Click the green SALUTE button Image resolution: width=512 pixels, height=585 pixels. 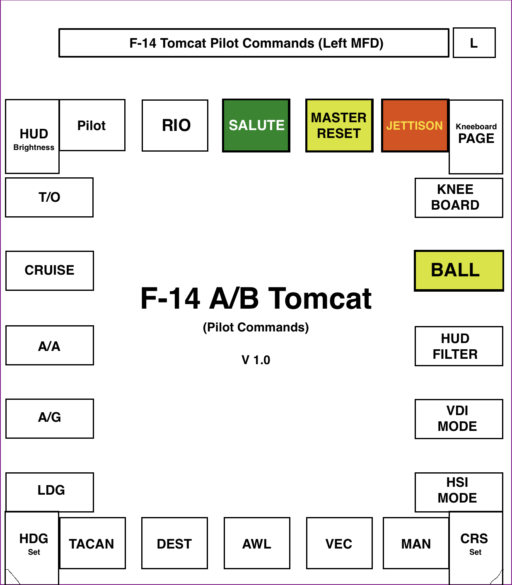256,126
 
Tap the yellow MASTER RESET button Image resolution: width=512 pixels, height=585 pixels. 339,126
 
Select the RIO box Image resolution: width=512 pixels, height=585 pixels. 175,126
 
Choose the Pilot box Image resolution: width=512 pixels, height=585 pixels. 92,125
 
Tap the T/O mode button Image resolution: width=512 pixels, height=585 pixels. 49,197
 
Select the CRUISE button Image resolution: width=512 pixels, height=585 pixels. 50,271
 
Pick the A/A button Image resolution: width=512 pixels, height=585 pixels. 50,346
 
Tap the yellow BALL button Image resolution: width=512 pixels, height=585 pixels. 459,271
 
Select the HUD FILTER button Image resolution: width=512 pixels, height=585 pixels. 459,346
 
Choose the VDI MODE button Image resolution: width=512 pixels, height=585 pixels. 459,419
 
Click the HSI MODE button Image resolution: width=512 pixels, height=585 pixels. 459,492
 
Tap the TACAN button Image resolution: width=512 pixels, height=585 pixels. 92,543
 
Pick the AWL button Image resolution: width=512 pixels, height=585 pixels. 257,543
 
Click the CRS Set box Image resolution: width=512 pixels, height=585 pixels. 476,543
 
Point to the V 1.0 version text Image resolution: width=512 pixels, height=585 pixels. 256,360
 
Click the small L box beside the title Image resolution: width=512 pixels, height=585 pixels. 474,43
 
